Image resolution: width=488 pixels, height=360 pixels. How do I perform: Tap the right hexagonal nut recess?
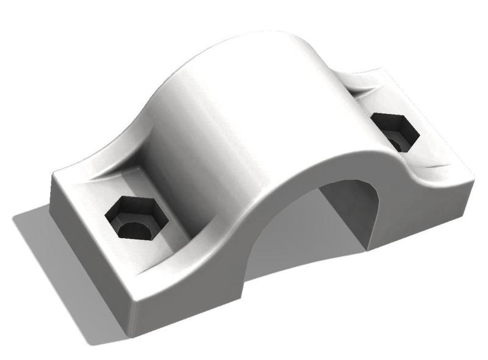pos(395,131)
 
